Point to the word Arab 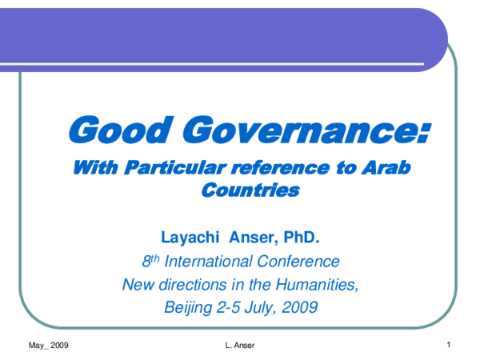click(394, 168)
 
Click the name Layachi click(191, 237)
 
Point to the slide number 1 click(450, 345)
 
